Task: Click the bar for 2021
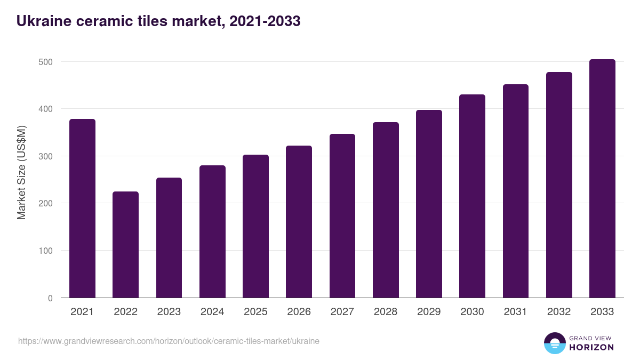82,208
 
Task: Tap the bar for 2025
255,226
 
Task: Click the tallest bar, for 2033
602,178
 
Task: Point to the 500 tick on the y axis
46,62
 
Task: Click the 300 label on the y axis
46,156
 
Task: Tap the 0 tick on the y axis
50,298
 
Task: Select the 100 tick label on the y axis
46,251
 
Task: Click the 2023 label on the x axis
169,312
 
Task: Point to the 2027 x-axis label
342,312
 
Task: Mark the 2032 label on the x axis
558,312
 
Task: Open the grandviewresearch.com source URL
169,341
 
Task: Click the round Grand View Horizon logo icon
554,343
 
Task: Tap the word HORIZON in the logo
591,347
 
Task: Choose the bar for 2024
212,231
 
